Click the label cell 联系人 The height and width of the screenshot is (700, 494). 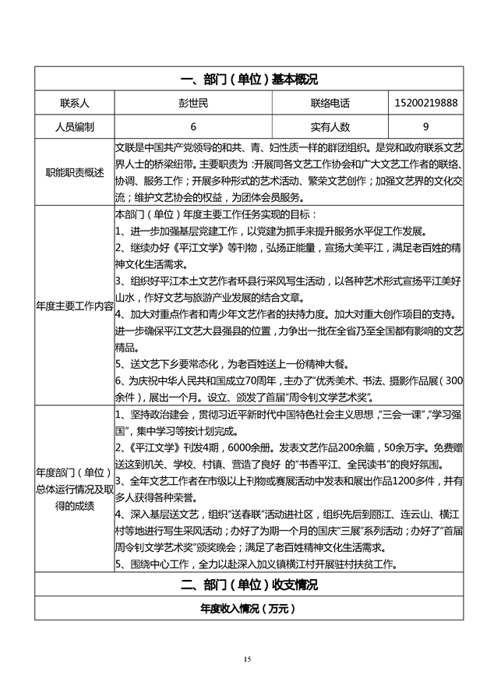[75, 103]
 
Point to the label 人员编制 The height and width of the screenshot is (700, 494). [75, 126]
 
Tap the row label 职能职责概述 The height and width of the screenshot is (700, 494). [75, 172]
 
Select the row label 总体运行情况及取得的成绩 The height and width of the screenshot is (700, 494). [75, 489]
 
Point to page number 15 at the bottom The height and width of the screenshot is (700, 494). [248, 659]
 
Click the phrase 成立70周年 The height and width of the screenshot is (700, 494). [266, 380]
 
